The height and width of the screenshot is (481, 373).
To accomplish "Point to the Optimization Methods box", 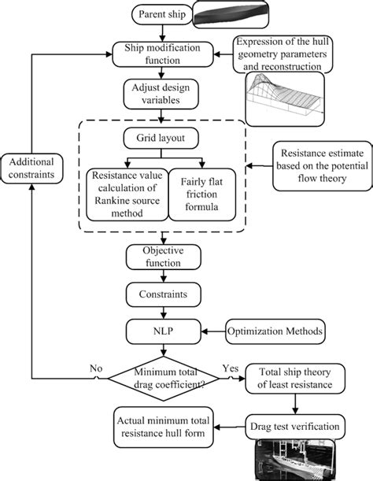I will point(273,331).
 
